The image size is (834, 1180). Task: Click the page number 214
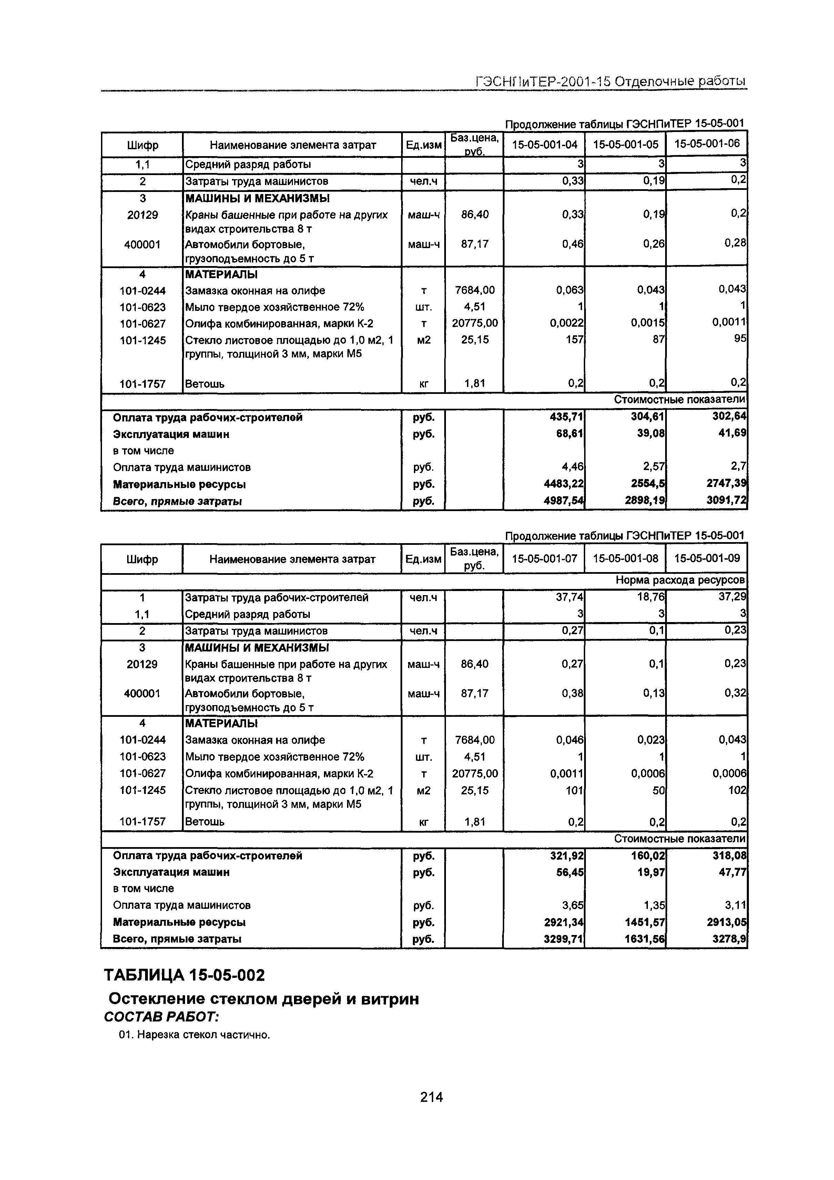[x=431, y=1097]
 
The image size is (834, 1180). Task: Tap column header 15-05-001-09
[x=706, y=558]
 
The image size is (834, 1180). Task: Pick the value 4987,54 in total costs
[x=564, y=501]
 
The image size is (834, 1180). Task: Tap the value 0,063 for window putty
[x=570, y=291]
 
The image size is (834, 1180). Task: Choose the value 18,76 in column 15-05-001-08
[x=651, y=597]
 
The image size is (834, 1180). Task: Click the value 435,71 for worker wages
[x=566, y=417]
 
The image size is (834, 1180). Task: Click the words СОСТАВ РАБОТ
[x=161, y=1017]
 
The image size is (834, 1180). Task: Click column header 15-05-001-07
[x=544, y=558]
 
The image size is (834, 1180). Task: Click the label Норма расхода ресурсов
[x=680, y=580]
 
